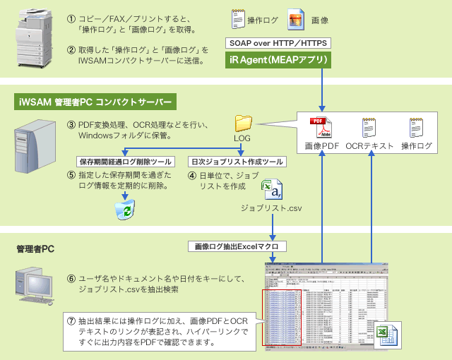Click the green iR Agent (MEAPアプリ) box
pos(278,60)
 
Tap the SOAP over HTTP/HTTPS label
pos(278,43)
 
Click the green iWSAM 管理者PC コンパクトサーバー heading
pos(95,102)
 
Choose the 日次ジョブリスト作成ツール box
pos(237,162)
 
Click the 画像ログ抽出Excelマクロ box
pos(237,246)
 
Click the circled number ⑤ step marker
pos(71,174)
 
